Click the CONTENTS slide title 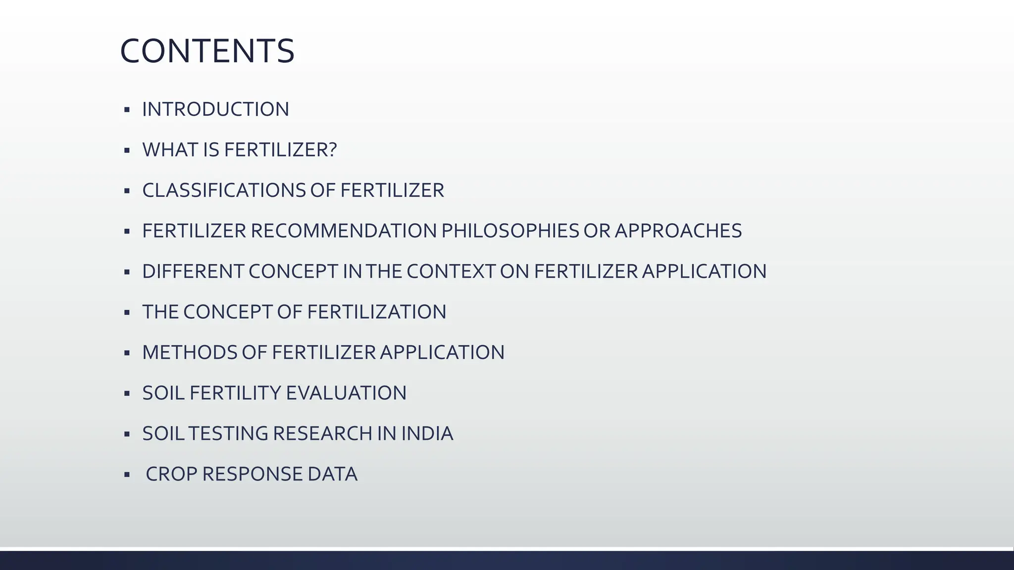click(x=207, y=51)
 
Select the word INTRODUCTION click(x=215, y=109)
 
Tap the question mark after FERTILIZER click(x=332, y=150)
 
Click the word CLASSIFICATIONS click(x=224, y=190)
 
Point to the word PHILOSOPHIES click(x=510, y=231)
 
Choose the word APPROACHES click(x=678, y=231)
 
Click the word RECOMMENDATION click(x=344, y=231)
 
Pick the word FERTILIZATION click(x=377, y=312)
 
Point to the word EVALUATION click(x=346, y=393)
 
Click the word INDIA click(x=427, y=434)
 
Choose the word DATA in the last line click(x=332, y=475)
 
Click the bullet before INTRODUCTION click(x=127, y=109)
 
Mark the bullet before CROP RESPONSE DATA click(x=127, y=475)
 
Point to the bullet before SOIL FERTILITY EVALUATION click(x=127, y=393)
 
